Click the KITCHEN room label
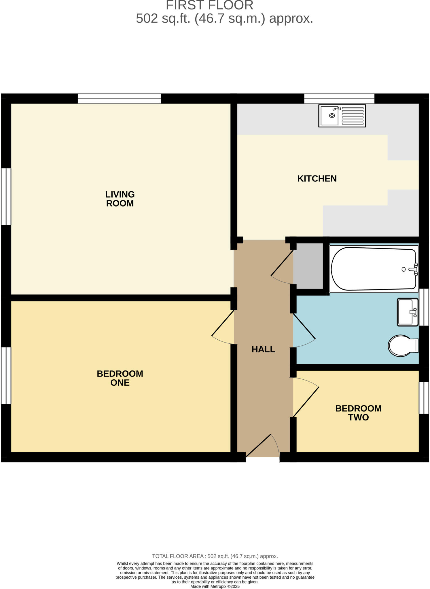point(317,179)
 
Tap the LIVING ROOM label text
point(120,199)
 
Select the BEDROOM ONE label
point(120,378)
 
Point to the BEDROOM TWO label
point(358,413)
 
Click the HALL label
point(263,349)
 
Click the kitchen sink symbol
point(342,116)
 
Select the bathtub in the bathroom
point(374,269)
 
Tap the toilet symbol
point(402,346)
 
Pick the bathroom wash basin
point(407,312)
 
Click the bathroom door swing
point(304,331)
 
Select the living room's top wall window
point(119,98)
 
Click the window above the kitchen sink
point(339,98)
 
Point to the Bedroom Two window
point(423,398)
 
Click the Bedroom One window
point(6,375)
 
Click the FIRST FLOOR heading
point(209,5)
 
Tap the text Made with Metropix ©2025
point(215,586)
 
